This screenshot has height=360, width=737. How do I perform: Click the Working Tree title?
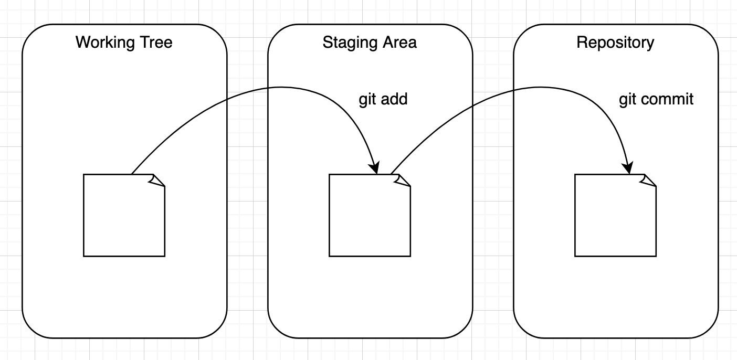[124, 42]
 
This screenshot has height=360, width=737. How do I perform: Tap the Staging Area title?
[370, 42]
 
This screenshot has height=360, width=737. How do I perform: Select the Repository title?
[615, 42]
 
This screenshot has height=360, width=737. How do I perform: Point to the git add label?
[383, 99]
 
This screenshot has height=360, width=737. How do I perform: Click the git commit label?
[656, 99]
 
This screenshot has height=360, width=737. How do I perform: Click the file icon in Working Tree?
[124, 215]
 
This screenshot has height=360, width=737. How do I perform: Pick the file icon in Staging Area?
[370, 215]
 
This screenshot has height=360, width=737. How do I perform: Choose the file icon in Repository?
[615, 215]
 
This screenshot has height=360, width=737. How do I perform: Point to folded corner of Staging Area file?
[403, 180]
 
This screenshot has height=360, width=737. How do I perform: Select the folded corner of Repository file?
[649, 180]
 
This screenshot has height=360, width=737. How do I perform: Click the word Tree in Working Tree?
[156, 42]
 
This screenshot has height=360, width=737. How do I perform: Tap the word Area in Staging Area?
[401, 42]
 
